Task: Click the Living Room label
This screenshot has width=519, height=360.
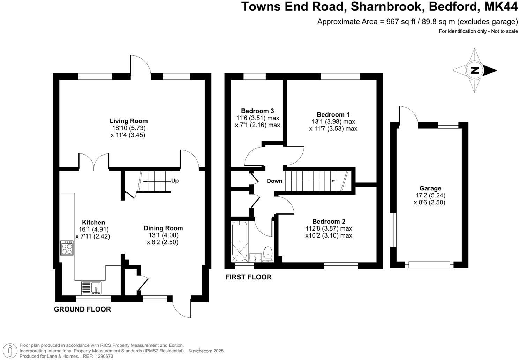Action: pyautogui.click(x=129, y=121)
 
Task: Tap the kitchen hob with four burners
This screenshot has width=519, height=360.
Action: pyautogui.click(x=67, y=248)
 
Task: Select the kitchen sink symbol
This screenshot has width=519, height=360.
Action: pyautogui.click(x=91, y=288)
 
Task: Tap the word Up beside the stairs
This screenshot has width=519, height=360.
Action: pyautogui.click(x=175, y=181)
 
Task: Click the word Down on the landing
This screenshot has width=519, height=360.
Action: pyautogui.click(x=274, y=181)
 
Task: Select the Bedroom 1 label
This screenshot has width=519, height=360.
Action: pyautogui.click(x=333, y=114)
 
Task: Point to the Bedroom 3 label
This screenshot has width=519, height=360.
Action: pyautogui.click(x=257, y=111)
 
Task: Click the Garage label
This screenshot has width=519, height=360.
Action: pyautogui.click(x=430, y=188)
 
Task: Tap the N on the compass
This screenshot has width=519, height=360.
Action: pyautogui.click(x=474, y=70)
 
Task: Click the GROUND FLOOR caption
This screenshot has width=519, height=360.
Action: pyautogui.click(x=82, y=309)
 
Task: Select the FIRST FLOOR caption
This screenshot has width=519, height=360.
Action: pyautogui.click(x=248, y=277)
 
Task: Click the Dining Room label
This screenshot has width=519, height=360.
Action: pyautogui.click(x=163, y=228)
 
